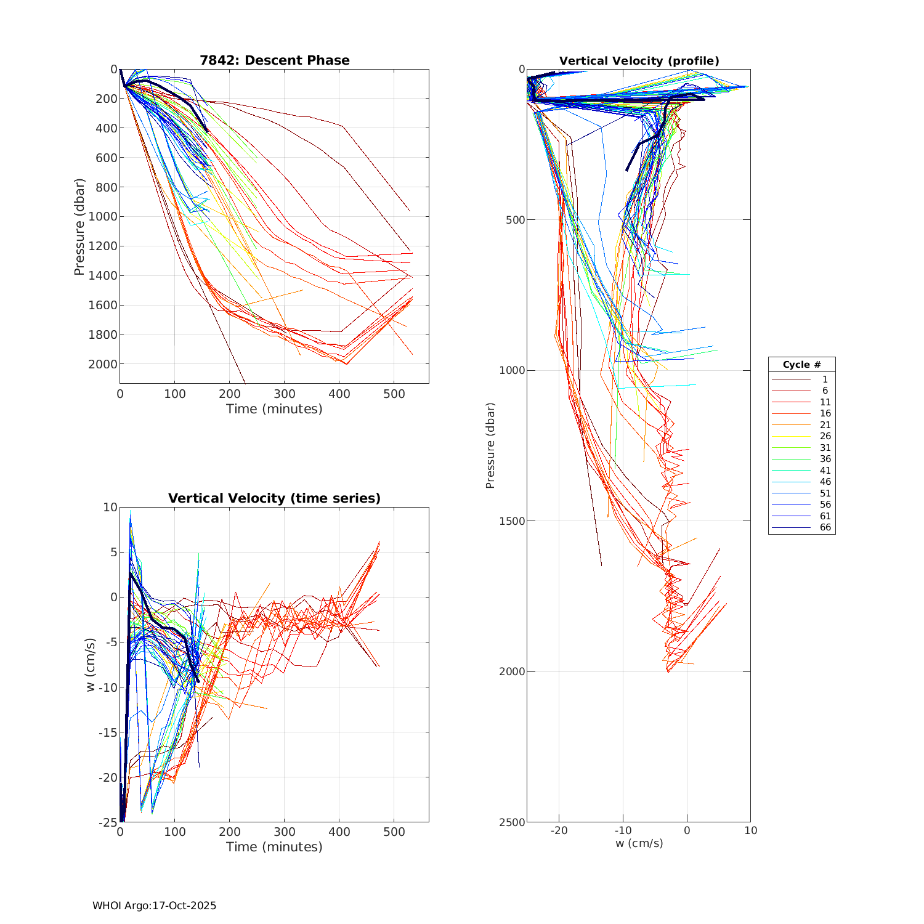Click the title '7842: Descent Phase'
274,60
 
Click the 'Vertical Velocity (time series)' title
274,498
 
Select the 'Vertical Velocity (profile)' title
639,61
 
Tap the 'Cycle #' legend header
801,365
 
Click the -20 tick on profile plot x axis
559,830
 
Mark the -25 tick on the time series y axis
108,822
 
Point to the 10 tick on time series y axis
110,508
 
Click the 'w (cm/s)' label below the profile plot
639,843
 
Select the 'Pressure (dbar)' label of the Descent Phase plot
79,227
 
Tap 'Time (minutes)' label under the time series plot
274,847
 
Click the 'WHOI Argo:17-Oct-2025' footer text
154,906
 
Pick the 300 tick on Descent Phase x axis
285,394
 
